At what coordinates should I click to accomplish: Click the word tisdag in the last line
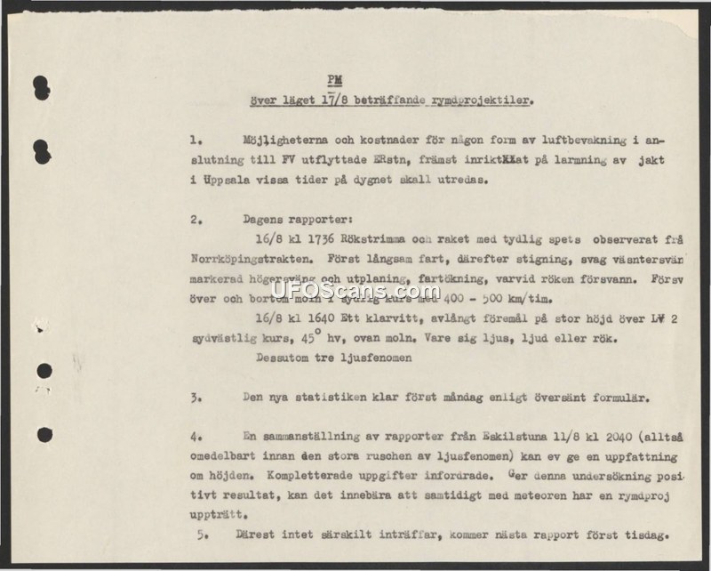[641, 535]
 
